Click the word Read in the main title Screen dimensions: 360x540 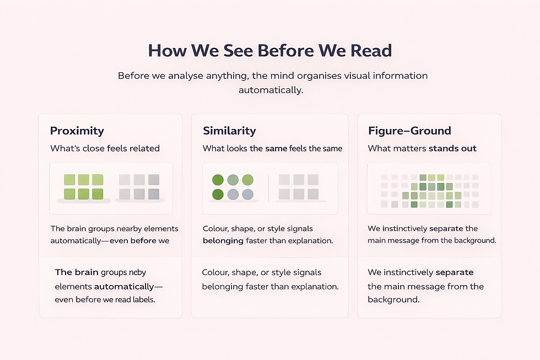pyautogui.click(x=371, y=51)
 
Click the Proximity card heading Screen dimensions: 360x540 pyautogui.click(x=77, y=131)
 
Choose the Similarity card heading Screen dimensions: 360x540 pyautogui.click(x=229, y=131)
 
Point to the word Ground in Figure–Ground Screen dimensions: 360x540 pyautogui.click(x=431, y=131)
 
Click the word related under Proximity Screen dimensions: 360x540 pyautogui.click(x=142, y=148)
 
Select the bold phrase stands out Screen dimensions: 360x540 pyautogui.click(x=452, y=148)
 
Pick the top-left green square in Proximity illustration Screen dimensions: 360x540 pyautogui.click(x=69, y=180)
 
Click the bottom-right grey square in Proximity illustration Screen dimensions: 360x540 pyautogui.click(x=153, y=194)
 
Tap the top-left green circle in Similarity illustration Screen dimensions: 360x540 pyautogui.click(x=218, y=180)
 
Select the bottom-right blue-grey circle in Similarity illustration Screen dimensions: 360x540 pyautogui.click(x=248, y=194)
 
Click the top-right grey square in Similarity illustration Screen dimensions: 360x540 pyautogui.click(x=313, y=180)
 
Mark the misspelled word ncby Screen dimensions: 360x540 pyautogui.click(x=137, y=272)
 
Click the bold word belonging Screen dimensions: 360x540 pyautogui.click(x=223, y=240)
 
